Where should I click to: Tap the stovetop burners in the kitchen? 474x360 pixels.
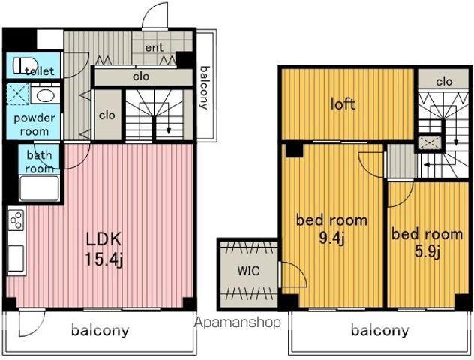16,220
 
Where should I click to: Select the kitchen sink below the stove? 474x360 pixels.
16,259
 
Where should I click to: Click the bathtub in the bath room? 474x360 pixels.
39,188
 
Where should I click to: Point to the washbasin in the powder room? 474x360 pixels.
45,95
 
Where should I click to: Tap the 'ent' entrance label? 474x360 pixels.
154,48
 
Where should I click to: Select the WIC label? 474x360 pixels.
248,271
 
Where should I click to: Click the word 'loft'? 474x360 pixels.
343,104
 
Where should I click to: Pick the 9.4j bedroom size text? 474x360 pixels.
332,238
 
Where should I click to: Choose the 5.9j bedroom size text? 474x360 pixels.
427,251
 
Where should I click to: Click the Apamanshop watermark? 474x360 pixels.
237,322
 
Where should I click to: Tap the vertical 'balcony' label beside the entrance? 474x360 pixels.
205,87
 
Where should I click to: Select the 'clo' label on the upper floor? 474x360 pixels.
444,81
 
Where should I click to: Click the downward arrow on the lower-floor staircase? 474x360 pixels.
169,124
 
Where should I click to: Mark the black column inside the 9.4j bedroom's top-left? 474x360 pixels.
294,150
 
